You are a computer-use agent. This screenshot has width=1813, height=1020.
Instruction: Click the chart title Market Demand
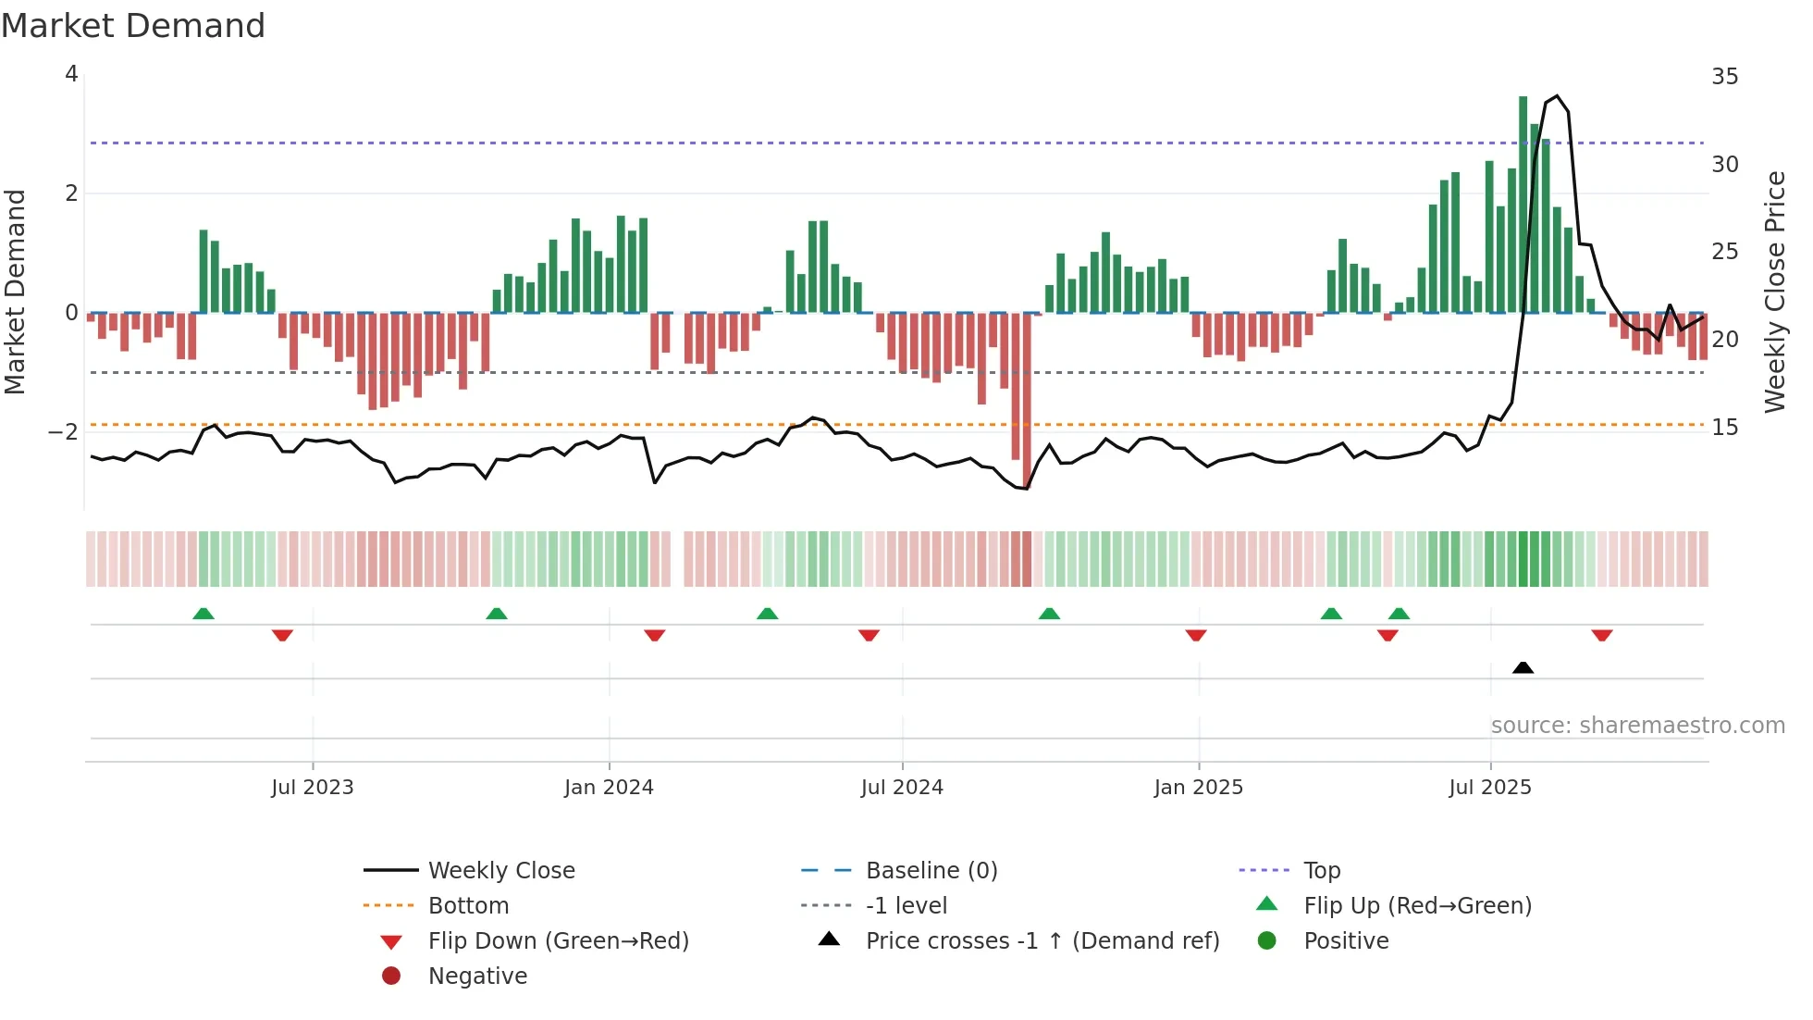click(x=133, y=25)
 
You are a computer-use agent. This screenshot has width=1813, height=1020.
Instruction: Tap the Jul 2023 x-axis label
click(x=312, y=787)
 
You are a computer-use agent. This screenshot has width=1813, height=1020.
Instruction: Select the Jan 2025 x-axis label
click(x=1198, y=787)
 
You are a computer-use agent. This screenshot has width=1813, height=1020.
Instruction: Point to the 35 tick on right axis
click(x=1724, y=76)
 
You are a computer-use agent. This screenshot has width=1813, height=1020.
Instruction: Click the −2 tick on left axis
click(x=64, y=431)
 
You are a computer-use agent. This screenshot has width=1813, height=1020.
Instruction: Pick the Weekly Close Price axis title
click(x=1774, y=292)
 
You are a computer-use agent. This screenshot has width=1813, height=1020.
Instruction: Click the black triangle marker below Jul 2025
click(x=1523, y=667)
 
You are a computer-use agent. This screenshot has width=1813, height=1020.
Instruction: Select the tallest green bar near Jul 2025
click(x=1523, y=204)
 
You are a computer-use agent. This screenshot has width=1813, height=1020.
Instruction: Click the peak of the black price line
click(x=1557, y=96)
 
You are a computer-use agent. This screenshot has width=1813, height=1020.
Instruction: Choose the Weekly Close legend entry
click(x=500, y=870)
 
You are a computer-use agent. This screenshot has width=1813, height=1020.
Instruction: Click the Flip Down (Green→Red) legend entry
click(x=558, y=940)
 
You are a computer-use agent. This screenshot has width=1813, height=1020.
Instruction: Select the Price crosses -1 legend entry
click(x=1042, y=940)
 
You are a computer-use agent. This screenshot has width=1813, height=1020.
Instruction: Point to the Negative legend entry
click(x=477, y=976)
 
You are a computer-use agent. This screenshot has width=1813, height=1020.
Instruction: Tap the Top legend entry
click(x=1321, y=870)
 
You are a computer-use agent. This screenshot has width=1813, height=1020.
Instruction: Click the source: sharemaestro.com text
click(x=1637, y=725)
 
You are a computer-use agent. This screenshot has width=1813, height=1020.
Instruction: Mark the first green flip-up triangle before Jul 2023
click(x=203, y=613)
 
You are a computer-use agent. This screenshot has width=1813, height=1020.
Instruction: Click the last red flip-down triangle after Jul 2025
click(x=1602, y=635)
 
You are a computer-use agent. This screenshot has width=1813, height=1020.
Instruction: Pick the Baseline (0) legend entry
click(x=931, y=870)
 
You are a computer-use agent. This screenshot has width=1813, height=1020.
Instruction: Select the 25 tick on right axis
click(x=1724, y=251)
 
